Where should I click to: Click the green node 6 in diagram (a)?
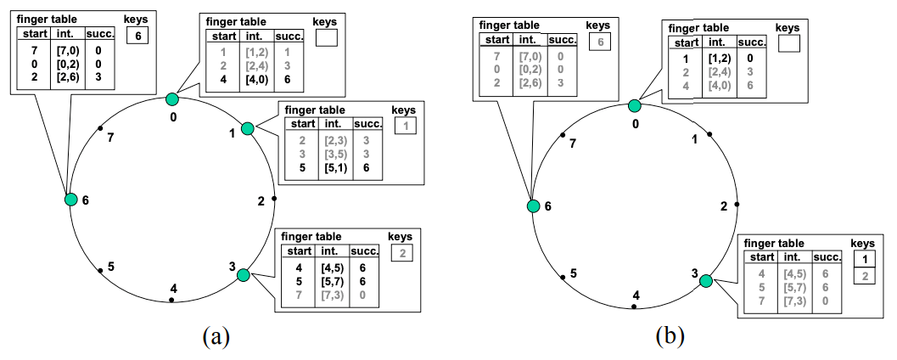pos(70,200)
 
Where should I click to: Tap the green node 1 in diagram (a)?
pos(247,128)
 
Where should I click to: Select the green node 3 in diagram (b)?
pos(706,281)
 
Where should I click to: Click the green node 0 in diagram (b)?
pos(634,105)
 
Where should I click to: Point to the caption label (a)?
pos(216,336)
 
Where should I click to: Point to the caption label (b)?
pos(670,336)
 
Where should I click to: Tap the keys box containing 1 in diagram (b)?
pos(861,259)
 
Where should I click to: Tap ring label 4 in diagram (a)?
pos(173,289)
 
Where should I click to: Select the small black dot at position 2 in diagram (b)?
pos(737,205)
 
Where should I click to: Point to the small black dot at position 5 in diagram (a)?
pos(101,271)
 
